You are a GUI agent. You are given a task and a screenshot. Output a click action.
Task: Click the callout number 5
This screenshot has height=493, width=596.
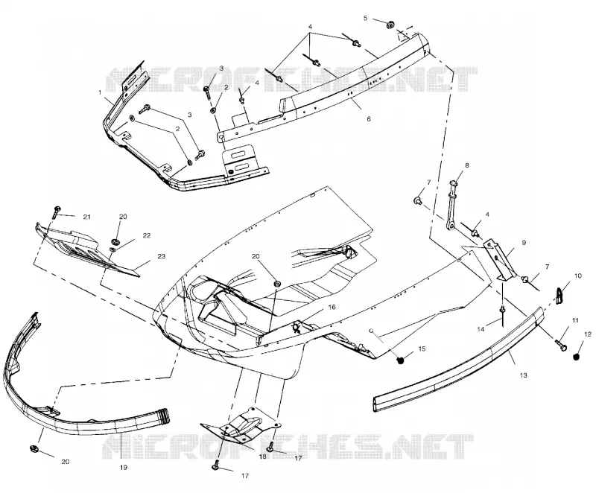(x=366, y=18)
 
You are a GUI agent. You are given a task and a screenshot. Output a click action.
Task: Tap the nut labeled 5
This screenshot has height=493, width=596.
(x=390, y=25)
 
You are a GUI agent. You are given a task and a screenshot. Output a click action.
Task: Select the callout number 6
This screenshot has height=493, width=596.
(x=368, y=119)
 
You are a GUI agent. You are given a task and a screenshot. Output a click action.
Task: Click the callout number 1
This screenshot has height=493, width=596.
(x=100, y=92)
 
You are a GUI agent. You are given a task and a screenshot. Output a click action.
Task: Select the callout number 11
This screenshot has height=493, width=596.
(x=575, y=320)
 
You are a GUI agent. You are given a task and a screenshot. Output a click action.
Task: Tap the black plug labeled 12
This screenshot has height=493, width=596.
(x=577, y=357)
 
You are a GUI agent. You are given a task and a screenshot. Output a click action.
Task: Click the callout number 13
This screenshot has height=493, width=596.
(x=524, y=375)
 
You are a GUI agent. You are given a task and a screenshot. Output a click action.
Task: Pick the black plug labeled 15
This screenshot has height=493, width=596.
(x=400, y=360)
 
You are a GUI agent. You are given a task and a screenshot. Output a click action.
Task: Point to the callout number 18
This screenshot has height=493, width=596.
(x=263, y=457)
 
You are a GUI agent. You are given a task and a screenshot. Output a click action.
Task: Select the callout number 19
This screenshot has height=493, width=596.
(x=124, y=468)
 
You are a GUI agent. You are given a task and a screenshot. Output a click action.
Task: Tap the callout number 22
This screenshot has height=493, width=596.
(x=147, y=235)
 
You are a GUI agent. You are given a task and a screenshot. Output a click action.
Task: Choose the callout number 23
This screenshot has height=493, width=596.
(x=162, y=256)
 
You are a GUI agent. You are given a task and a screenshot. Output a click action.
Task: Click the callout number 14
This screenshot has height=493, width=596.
(x=481, y=329)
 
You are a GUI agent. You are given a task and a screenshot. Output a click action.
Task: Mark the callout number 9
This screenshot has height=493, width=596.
(x=524, y=243)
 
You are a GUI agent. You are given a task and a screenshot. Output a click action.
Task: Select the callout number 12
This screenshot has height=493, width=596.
(x=588, y=334)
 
